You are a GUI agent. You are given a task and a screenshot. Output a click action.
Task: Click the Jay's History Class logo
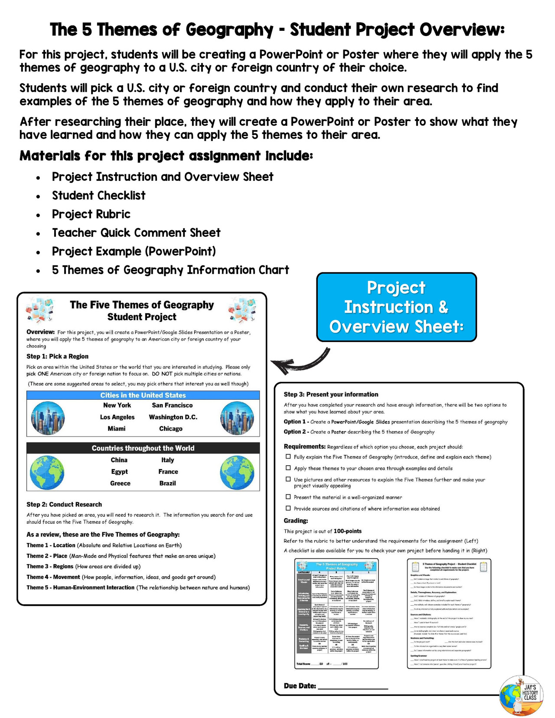(521, 695)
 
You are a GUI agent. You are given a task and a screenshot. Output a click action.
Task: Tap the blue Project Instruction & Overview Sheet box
(396, 307)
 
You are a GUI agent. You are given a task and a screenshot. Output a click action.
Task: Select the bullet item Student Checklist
(98, 196)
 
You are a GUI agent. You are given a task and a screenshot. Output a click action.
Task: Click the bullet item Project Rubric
(91, 214)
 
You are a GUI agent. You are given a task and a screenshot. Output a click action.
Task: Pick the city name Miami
(117, 428)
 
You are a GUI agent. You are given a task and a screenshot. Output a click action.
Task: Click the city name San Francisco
(172, 405)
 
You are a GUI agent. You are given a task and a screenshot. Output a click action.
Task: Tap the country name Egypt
(119, 471)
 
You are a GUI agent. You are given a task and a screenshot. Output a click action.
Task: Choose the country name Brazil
(167, 483)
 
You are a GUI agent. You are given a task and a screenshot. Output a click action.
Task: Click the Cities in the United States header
(143, 395)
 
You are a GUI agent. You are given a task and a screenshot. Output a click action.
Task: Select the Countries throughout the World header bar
(143, 448)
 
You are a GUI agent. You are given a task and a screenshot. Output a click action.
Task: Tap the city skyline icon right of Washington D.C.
(237, 418)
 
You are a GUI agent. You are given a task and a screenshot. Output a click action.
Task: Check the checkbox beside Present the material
(288, 497)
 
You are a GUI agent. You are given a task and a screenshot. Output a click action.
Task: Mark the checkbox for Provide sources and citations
(288, 508)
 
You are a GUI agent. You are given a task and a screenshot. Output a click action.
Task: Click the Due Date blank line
(353, 687)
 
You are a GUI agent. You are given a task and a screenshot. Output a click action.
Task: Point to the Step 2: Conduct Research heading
(64, 504)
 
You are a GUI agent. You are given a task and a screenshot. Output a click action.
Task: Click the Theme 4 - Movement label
(53, 577)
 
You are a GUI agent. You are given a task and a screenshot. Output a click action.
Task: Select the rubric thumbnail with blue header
(336, 614)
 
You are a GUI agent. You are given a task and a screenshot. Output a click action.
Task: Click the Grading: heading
(296, 521)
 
